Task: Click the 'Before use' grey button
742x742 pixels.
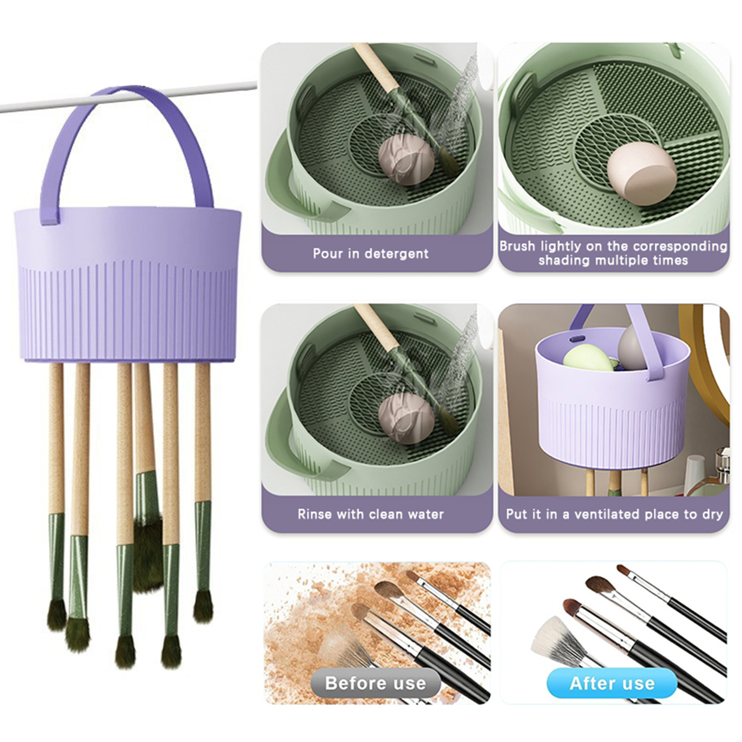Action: click(375, 683)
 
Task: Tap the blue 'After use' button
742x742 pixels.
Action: click(612, 683)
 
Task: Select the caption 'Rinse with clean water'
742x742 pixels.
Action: click(371, 514)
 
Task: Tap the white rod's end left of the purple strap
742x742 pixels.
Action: click(2, 109)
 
